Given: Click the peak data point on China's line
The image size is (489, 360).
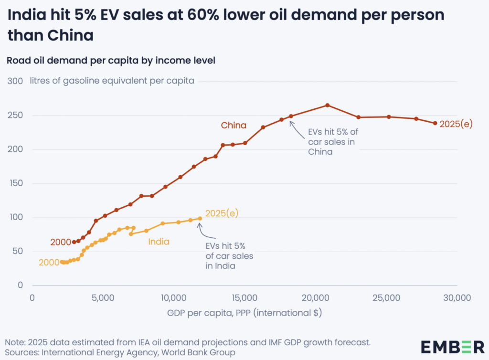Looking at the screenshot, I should (328, 105).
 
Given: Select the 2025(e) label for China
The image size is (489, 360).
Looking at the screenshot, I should (456, 123).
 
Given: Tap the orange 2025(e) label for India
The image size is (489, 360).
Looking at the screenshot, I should (222, 213).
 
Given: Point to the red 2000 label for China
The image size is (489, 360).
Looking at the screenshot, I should (60, 242).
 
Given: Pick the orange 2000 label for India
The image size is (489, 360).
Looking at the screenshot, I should (49, 262).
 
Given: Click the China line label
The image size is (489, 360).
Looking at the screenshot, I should (234, 126).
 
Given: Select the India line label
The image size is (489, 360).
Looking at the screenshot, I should (159, 242).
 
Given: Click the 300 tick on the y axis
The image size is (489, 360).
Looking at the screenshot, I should (15, 81).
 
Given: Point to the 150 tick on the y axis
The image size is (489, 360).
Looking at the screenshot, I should (15, 183).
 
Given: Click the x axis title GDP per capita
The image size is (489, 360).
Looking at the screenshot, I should (244, 313).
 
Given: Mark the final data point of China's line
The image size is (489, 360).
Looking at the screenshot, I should (435, 123).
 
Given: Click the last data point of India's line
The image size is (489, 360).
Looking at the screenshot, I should (200, 218).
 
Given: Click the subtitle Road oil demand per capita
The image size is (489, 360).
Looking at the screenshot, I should (110, 61).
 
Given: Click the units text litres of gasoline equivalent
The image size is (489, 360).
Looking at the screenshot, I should (112, 81).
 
